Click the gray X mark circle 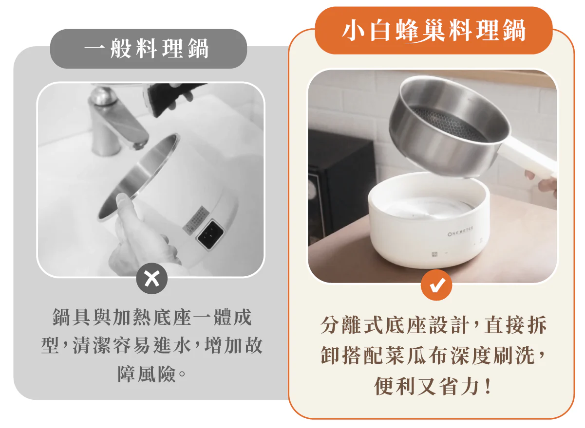(x=152, y=279)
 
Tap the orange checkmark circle (x=436, y=285)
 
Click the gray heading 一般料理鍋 (x=147, y=49)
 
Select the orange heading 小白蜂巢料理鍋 (x=434, y=31)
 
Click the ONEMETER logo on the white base (x=460, y=232)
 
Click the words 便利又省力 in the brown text (x=427, y=386)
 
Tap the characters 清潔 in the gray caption (x=92, y=346)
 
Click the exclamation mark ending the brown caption (x=487, y=386)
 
